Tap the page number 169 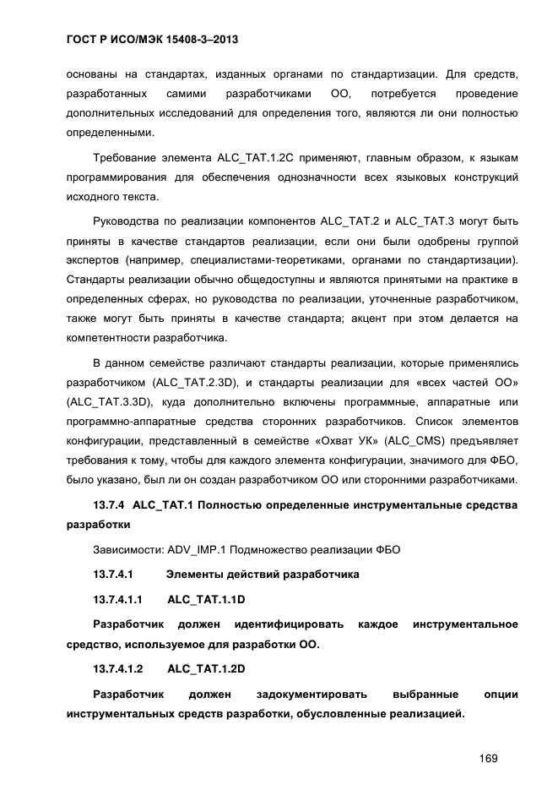[487, 758]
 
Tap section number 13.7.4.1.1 [117, 599]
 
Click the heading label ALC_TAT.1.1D [206, 599]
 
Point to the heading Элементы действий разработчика [263, 575]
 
